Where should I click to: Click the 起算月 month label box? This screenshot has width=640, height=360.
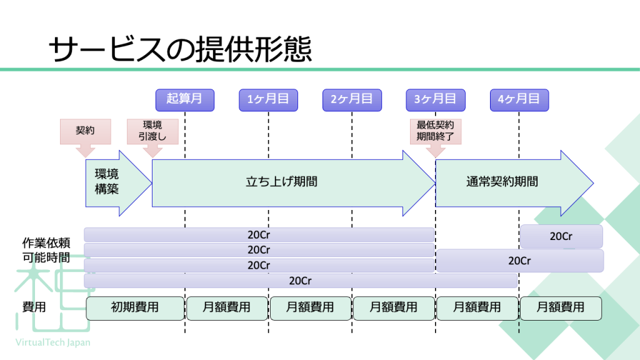click(185, 100)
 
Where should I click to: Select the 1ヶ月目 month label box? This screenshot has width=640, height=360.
click(268, 100)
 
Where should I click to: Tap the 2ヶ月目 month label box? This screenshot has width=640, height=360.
click(352, 100)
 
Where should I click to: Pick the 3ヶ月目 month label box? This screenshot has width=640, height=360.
click(436, 100)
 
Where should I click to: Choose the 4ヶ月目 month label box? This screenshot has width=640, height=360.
click(519, 100)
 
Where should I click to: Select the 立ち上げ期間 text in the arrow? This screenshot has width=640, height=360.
click(282, 182)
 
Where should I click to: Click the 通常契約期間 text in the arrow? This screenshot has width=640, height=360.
click(502, 182)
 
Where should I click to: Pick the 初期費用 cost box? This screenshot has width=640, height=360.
click(135, 308)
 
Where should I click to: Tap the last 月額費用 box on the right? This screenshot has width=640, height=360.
click(561, 308)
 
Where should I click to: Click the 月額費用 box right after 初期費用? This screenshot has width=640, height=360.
click(227, 308)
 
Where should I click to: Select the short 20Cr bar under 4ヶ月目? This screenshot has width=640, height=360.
click(561, 236)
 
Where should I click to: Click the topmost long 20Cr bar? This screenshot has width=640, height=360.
click(259, 235)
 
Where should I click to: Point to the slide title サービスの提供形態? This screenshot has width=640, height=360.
click(180, 49)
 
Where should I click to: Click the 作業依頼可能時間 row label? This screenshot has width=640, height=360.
click(46, 250)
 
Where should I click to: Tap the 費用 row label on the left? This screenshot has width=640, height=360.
click(34, 307)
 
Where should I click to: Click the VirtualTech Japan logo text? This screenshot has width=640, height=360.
click(52, 342)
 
